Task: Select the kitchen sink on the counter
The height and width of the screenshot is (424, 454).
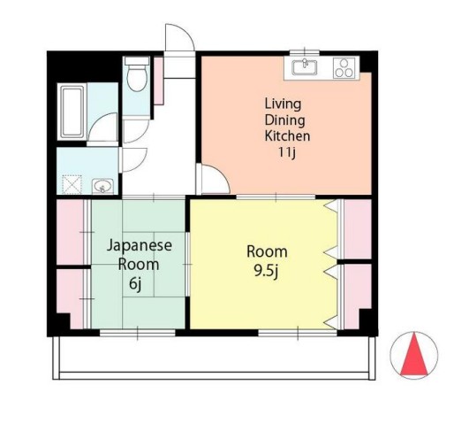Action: pyautogui.click(x=304, y=67)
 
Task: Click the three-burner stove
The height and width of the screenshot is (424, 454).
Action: pyautogui.click(x=344, y=68)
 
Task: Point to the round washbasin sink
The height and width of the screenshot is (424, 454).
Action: pyautogui.click(x=102, y=187)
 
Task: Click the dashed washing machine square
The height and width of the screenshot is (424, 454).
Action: pyautogui.click(x=72, y=185)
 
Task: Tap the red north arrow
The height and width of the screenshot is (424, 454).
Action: pyautogui.click(x=414, y=354)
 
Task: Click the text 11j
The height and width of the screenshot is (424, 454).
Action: pyautogui.click(x=287, y=152)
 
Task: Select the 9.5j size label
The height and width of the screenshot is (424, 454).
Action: pyautogui.click(x=267, y=272)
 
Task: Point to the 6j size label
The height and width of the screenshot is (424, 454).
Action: pyautogui.click(x=135, y=284)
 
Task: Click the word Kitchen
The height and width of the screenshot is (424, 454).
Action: pyautogui.click(x=287, y=136)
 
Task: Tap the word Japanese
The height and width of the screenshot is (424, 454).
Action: pyautogui.click(x=140, y=245)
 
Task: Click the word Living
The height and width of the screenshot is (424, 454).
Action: pyautogui.click(x=283, y=104)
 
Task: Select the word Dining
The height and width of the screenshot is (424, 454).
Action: pyautogui.click(x=284, y=120)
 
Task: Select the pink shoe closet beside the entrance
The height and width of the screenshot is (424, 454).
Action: pyautogui.click(x=159, y=81)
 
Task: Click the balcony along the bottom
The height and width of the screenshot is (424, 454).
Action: pyautogui.click(x=214, y=358)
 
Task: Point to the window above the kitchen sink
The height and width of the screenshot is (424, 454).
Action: pyautogui.click(x=305, y=52)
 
